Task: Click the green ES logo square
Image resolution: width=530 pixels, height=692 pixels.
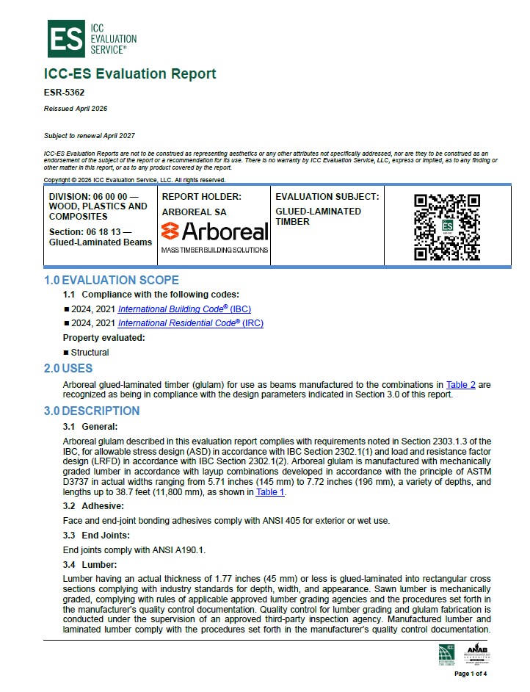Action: click(65, 39)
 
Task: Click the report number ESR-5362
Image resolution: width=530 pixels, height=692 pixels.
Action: click(65, 93)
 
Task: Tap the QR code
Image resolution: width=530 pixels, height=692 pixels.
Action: click(447, 226)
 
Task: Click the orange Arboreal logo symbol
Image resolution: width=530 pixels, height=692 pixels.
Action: click(170, 231)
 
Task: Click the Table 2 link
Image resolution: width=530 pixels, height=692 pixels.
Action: click(461, 384)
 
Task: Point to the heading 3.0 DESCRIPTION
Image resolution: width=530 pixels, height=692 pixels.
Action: click(91, 411)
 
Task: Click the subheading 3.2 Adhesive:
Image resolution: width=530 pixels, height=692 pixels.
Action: click(93, 506)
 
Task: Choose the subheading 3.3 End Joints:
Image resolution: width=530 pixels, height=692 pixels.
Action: click(96, 535)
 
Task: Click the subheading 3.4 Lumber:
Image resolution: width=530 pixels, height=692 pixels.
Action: click(90, 564)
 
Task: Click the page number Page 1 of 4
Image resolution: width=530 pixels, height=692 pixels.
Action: click(471, 674)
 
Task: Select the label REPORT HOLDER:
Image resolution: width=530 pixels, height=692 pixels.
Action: click(201, 197)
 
